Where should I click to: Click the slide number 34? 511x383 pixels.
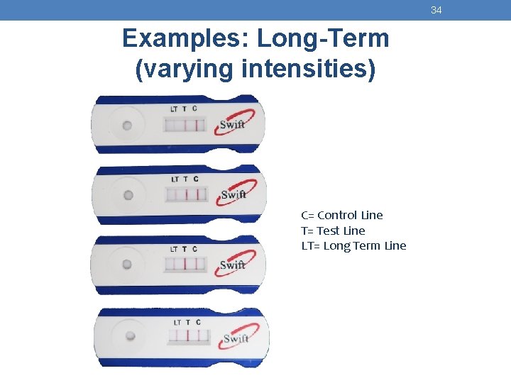coord(436,10)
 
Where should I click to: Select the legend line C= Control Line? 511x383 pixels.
coord(341,215)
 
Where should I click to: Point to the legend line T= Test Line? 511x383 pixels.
coord(333,231)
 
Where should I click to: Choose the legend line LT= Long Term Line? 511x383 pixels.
coord(353,246)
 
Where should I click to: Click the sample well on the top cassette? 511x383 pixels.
coord(127,126)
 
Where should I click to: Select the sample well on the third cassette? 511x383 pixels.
coord(127,265)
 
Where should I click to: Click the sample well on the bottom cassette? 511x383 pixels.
coord(130,335)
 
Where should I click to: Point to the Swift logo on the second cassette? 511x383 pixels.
coord(233,193)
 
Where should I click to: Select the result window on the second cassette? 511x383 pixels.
coord(186,194)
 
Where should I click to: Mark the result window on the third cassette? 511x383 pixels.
coord(185,264)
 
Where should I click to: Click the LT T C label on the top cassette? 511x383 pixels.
coord(184,109)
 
